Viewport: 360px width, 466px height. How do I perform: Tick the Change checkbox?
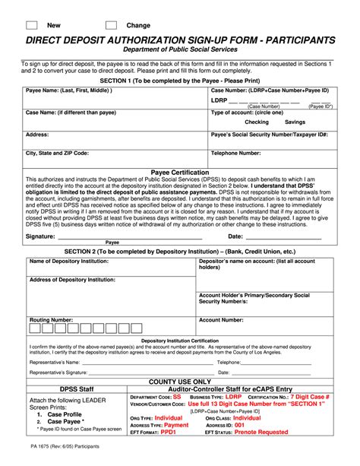tap(111, 25)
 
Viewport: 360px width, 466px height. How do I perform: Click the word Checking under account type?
tap(257, 122)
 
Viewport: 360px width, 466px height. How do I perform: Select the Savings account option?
tap(295, 122)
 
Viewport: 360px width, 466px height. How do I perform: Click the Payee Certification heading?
tap(180, 173)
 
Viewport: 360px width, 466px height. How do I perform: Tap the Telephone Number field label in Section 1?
tap(235, 153)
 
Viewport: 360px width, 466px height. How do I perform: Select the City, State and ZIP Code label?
tap(57, 153)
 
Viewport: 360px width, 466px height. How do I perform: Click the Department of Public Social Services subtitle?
tap(180, 49)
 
